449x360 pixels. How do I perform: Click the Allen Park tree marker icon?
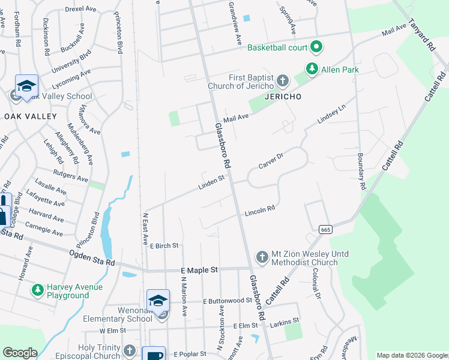[x=312, y=70]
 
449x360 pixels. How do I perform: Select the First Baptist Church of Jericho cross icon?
[x=283, y=80]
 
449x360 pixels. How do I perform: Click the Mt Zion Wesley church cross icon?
[x=262, y=256]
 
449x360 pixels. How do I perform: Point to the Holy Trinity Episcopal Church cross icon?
[x=130, y=350]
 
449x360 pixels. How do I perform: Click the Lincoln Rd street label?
[x=259, y=211]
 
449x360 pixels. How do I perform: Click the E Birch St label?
[x=164, y=245]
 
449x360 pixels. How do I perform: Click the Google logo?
[x=20, y=353]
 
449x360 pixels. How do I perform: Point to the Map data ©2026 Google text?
[x=411, y=355]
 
